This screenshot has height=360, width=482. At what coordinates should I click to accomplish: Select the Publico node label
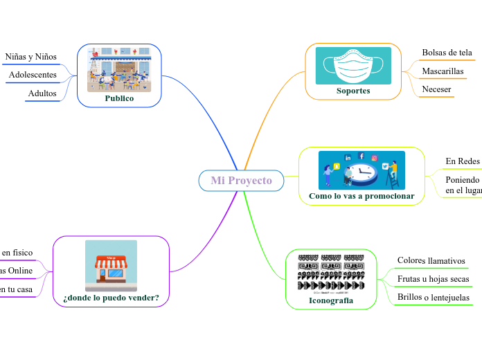[x=119, y=98]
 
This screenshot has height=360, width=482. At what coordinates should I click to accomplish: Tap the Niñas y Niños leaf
[x=30, y=57]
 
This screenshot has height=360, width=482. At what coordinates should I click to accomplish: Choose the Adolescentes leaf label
[x=33, y=75]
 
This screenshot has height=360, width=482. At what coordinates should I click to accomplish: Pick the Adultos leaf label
[x=42, y=93]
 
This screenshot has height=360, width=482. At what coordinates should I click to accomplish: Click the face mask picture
[x=353, y=65]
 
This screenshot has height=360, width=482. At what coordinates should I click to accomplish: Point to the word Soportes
[x=353, y=91]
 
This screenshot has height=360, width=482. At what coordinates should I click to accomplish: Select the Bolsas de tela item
[x=447, y=53]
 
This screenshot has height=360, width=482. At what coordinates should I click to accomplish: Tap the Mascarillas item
[x=443, y=71]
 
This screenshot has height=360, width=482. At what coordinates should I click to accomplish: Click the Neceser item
[x=436, y=89]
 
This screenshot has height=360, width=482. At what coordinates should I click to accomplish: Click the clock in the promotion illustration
[x=365, y=175]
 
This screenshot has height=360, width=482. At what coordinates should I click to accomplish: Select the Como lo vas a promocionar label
[x=361, y=196]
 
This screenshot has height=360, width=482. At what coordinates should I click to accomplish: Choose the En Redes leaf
[x=463, y=161]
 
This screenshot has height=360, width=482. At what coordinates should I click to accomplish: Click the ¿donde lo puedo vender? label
[x=111, y=298]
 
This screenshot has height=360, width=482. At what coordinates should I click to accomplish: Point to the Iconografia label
[x=331, y=300]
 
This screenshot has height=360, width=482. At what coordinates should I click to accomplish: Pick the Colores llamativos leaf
[x=431, y=260]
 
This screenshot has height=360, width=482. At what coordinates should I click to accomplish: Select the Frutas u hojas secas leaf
[x=433, y=279]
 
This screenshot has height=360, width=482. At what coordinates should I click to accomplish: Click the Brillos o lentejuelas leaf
[x=433, y=298]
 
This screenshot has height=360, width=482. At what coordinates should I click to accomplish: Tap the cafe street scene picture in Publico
[x=119, y=69]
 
